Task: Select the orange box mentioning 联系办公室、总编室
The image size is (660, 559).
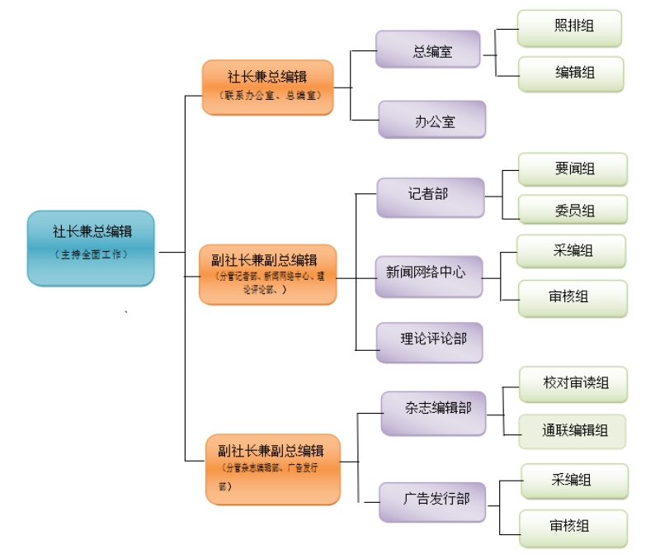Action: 267,86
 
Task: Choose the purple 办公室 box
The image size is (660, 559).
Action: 431,120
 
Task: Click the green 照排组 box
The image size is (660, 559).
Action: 569,28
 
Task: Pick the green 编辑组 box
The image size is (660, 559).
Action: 570,73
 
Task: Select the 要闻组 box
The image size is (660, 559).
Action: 573,169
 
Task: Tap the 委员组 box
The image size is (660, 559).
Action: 573,210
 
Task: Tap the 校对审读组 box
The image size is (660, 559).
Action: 573,385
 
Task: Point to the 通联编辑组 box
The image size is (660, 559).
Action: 573,431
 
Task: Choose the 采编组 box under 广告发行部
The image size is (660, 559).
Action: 574,481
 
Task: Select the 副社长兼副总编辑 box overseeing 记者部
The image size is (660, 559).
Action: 267,273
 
